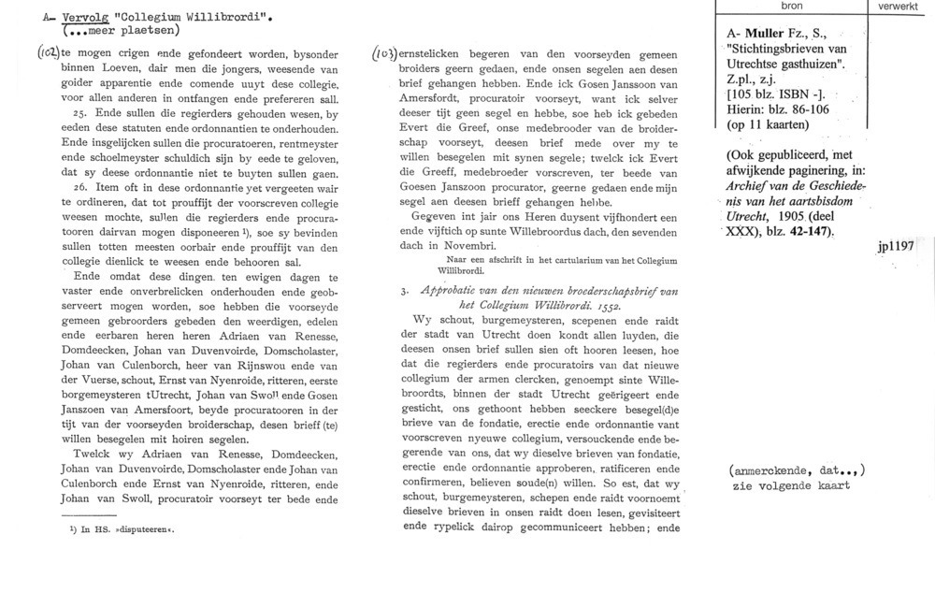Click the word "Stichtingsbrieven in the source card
(x=769, y=51)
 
